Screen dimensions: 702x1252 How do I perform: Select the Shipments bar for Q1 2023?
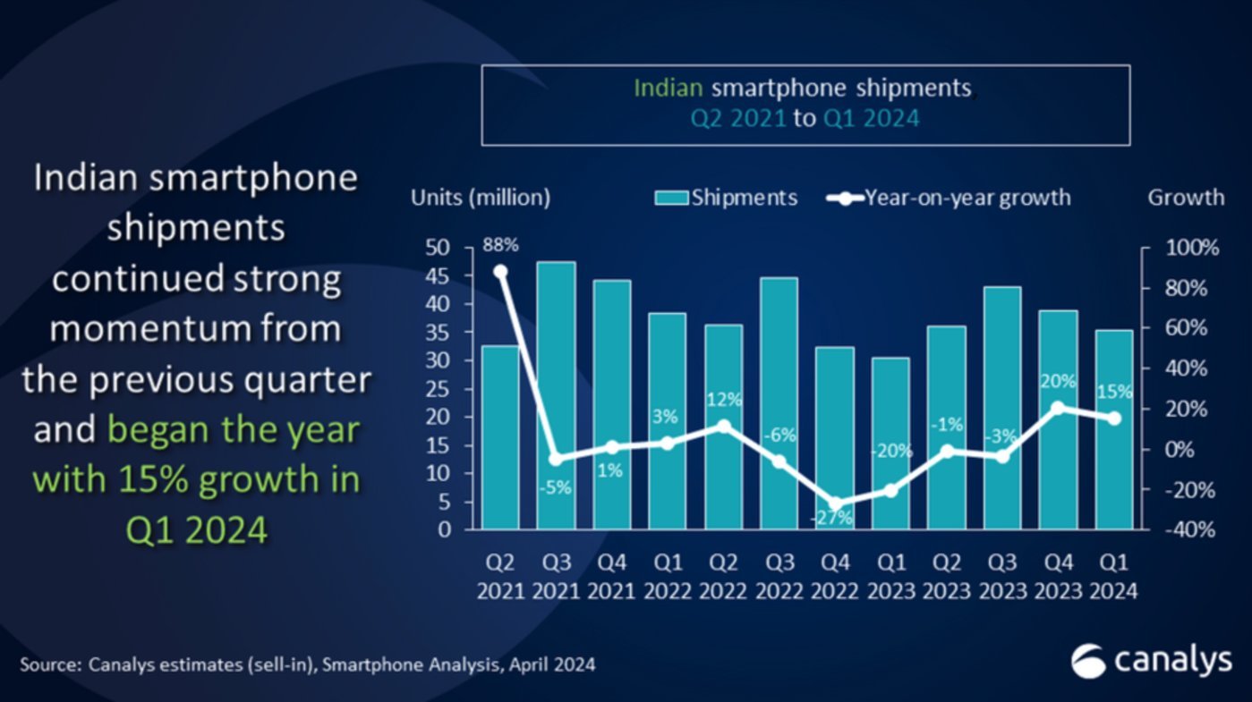pos(890,444)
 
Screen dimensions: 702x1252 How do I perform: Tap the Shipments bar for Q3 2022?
pos(779,402)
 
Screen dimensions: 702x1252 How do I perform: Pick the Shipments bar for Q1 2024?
pos(1113,429)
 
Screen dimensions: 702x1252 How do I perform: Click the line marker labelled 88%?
pos(500,272)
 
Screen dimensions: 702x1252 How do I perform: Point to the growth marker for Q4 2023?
pos(1058,408)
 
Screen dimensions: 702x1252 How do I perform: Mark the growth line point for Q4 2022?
pos(835,504)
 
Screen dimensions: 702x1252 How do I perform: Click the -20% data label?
pos(890,451)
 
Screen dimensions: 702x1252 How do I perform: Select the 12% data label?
pos(723,397)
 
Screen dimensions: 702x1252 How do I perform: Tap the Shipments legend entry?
pos(726,198)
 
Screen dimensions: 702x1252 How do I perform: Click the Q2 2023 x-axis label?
pos(947,576)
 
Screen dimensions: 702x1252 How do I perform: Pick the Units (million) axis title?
pos(481,198)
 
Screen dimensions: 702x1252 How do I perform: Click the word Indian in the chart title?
pos(669,88)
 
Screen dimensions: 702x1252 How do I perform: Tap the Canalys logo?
pos(1152,661)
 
